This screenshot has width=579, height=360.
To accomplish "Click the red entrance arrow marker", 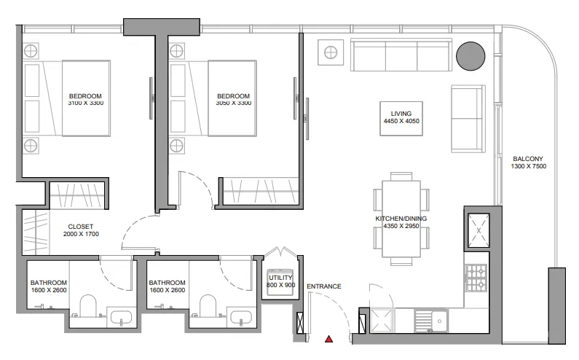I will pyautogui.click(x=329, y=339).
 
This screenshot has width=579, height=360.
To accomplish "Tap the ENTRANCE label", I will pyautogui.click(x=323, y=286).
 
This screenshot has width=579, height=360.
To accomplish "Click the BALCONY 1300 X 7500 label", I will pyautogui.click(x=528, y=163).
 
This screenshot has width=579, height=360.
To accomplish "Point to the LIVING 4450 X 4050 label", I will pyautogui.click(x=401, y=118).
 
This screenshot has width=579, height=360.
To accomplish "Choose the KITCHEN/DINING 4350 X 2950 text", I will pyautogui.click(x=401, y=223).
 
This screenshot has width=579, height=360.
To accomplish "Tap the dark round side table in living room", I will pyautogui.click(x=470, y=55).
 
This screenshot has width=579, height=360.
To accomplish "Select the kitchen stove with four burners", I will pyautogui.click(x=476, y=276).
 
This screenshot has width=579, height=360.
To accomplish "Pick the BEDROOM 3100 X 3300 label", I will pyautogui.click(x=85, y=100).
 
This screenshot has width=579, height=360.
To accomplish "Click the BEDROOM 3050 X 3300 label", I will pyautogui.click(x=233, y=100).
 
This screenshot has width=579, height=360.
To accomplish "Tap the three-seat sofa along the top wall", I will pyautogui.click(x=400, y=55).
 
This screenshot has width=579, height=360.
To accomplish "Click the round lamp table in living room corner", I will pyautogui.click(x=331, y=52).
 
